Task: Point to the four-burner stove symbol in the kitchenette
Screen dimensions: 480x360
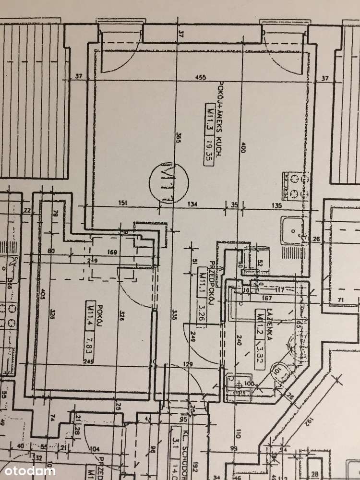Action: (293, 186)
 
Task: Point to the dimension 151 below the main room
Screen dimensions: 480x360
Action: (122, 204)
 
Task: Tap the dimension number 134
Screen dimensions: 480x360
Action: (192, 204)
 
